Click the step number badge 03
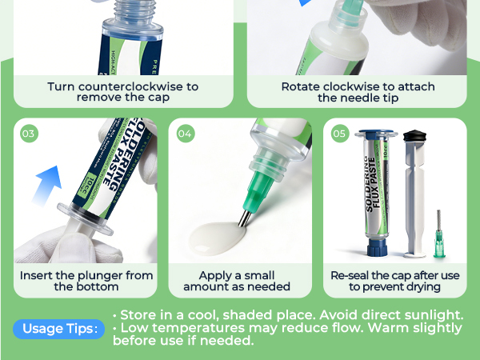point(29,134)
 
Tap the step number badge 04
point(185,134)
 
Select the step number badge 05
point(339,134)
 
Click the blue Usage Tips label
point(58,329)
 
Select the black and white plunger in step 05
point(413,192)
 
